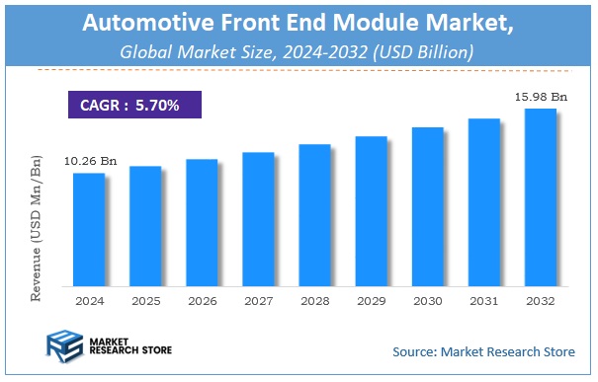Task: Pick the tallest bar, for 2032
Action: [x=540, y=196]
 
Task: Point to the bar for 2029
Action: [x=370, y=211]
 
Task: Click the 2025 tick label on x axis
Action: [x=144, y=300]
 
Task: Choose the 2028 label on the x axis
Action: [x=313, y=300]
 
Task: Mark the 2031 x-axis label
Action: [x=483, y=300]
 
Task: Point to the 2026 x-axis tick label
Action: [x=201, y=300]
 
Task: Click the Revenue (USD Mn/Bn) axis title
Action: [x=38, y=227]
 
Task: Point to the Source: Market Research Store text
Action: [x=482, y=351]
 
